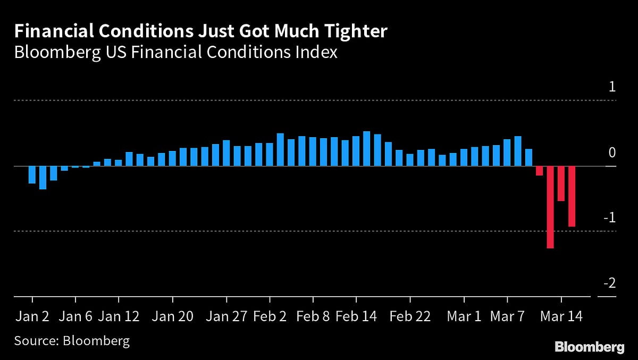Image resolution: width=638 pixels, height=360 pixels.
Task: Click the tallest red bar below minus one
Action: [x=550, y=207]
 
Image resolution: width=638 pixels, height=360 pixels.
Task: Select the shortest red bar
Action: [x=539, y=171]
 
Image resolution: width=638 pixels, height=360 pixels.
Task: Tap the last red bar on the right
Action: [x=572, y=196]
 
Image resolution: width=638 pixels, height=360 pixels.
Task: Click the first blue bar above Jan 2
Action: [x=32, y=175]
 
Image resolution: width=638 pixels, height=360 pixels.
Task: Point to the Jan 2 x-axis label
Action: [x=32, y=316]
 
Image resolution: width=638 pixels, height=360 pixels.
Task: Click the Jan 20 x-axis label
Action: [x=172, y=316]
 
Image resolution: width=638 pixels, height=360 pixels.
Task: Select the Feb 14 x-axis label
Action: [x=357, y=316]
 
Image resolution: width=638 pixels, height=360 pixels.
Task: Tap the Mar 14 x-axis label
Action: [x=561, y=316]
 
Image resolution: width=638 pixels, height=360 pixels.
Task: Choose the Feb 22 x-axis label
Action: [x=410, y=316]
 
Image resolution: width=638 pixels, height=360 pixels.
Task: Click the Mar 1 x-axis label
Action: [x=464, y=316]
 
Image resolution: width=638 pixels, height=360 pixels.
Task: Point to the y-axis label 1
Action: [x=612, y=87]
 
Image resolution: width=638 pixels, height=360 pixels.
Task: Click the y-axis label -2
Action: [x=609, y=283]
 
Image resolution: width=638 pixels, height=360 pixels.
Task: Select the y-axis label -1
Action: [x=609, y=217]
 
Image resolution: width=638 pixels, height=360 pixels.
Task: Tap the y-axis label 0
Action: [x=612, y=153]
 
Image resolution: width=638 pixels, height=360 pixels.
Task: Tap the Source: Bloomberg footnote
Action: [x=72, y=340]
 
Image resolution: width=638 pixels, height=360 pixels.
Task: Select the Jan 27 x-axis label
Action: [x=226, y=316]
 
